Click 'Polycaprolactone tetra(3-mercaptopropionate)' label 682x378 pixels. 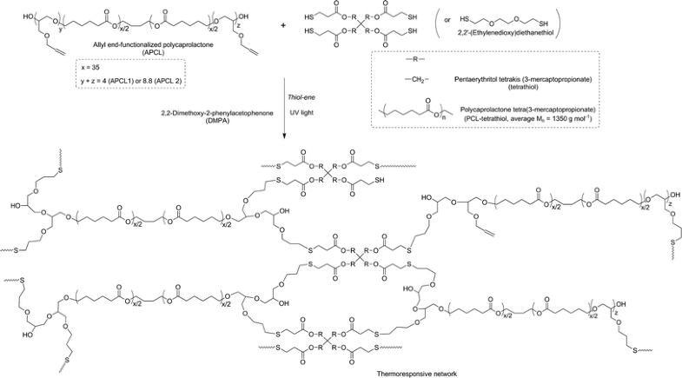(x=550, y=107)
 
